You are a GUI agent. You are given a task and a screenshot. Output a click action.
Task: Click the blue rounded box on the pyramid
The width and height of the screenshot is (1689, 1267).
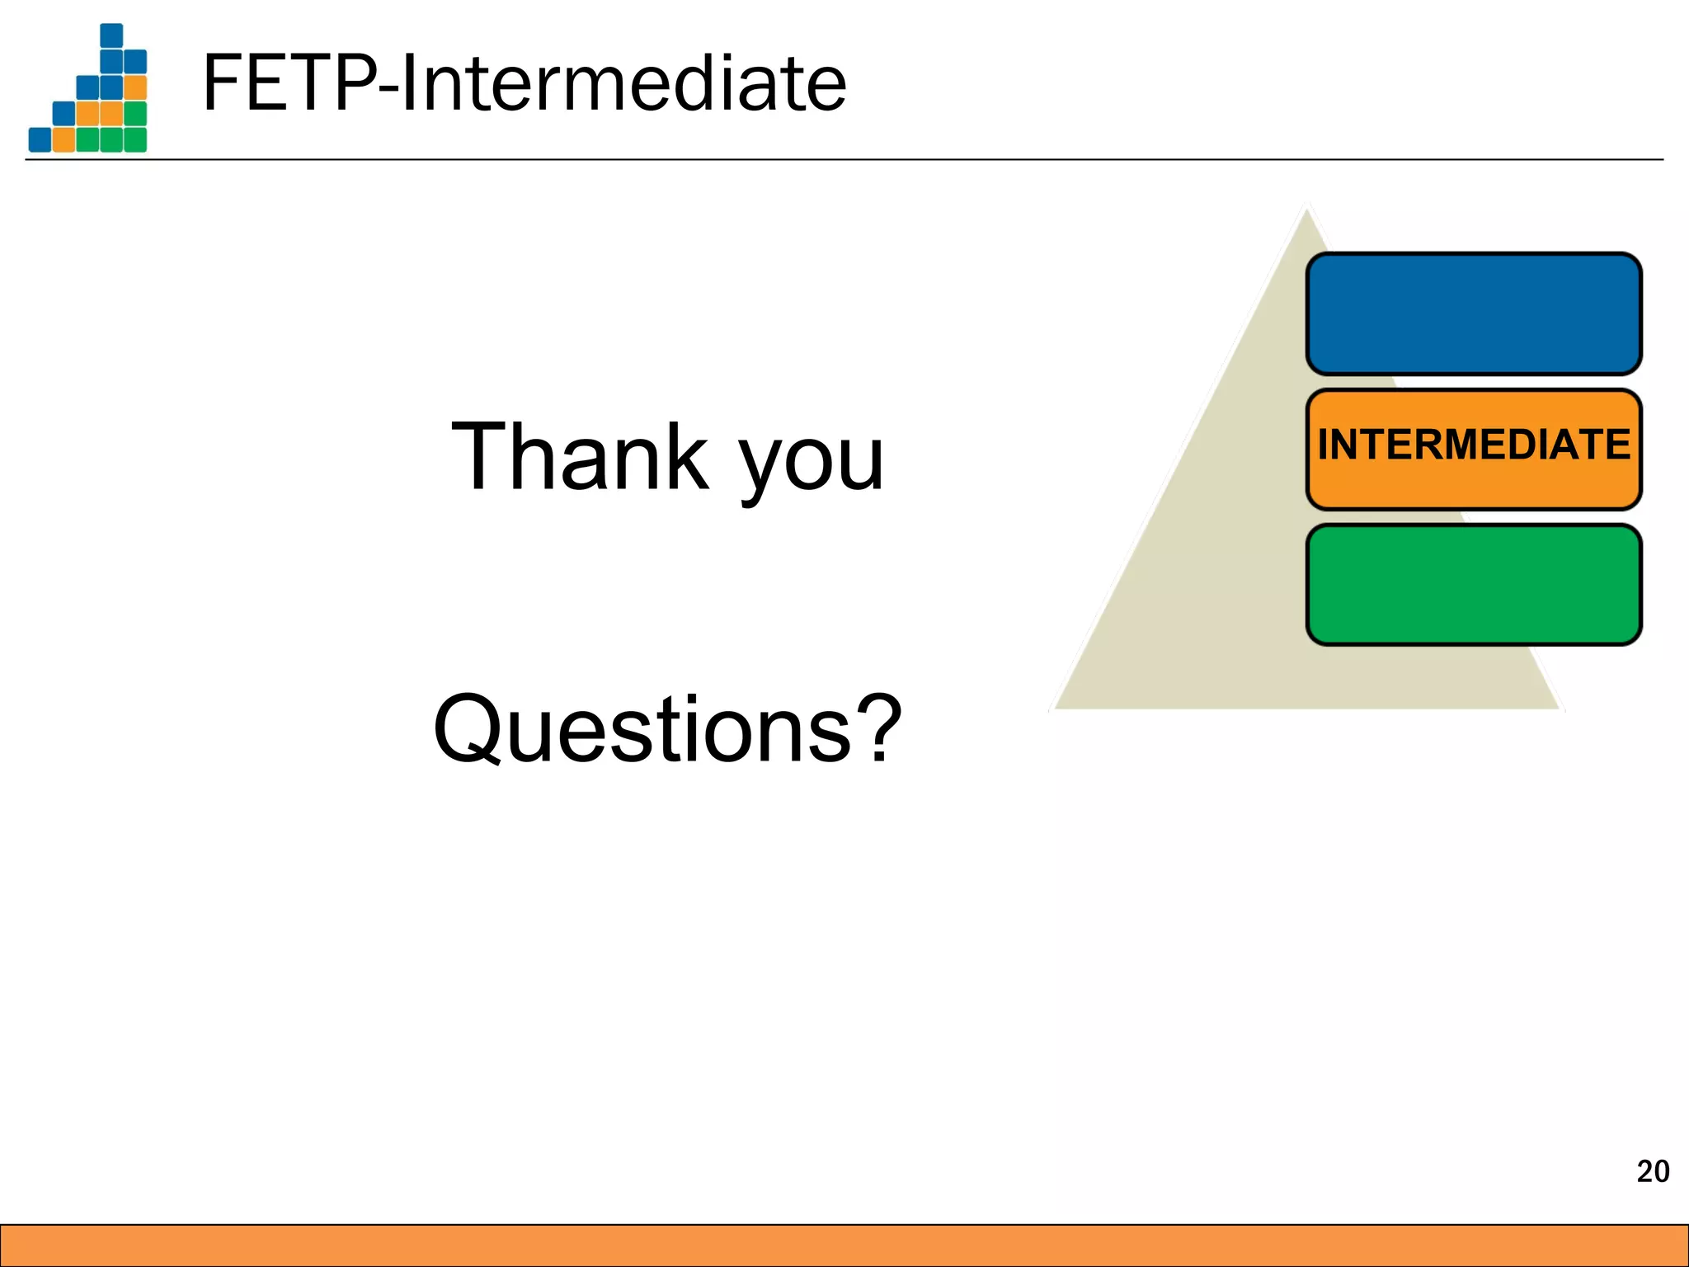pos(1474,314)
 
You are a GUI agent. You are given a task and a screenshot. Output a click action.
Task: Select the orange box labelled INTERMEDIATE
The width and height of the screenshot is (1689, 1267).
pos(1474,449)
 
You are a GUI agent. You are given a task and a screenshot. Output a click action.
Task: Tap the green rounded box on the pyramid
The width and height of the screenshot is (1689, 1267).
pos(1474,585)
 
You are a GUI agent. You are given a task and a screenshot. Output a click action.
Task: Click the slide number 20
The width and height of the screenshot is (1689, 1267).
pos(1653,1171)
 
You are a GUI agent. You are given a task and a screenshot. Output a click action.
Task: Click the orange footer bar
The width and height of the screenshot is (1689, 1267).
pos(844,1246)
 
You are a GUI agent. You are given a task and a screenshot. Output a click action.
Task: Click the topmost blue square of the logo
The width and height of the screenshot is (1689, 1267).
pos(111,35)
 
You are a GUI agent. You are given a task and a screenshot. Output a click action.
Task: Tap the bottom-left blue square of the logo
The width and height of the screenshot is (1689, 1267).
pos(40,139)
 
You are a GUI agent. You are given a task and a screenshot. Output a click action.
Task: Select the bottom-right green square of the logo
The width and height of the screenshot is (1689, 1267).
pos(135,139)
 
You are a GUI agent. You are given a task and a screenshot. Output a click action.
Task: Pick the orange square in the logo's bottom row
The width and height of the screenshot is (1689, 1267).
pos(64,139)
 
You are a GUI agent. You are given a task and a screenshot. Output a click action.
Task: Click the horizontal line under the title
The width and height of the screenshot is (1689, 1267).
pos(844,159)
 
